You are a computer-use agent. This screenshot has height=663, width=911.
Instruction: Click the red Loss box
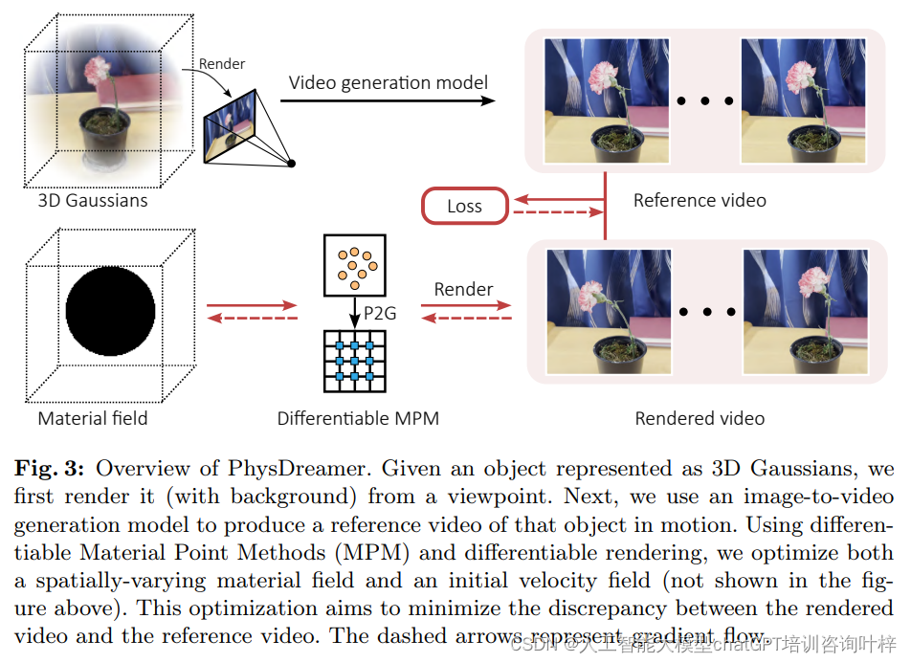pos(464,206)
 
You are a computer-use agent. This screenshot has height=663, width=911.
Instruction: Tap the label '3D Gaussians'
pos(93,201)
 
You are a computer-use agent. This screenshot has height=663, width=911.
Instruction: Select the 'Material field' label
pos(93,418)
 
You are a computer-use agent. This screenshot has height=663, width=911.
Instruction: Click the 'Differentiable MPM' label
pos(358,418)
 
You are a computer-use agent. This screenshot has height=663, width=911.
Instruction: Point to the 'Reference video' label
pos(700,200)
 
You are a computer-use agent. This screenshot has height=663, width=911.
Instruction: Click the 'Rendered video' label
pos(700,418)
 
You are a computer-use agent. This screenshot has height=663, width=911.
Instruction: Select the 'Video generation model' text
pos(389,82)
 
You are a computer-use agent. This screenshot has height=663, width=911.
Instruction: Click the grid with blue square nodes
pos(355,361)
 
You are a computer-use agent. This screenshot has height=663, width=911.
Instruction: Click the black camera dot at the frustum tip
pos(292,165)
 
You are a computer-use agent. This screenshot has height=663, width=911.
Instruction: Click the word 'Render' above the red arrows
pos(463,289)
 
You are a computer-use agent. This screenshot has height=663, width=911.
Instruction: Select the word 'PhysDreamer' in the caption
pos(287,469)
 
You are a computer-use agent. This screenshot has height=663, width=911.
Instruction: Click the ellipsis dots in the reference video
pos(704,100)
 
